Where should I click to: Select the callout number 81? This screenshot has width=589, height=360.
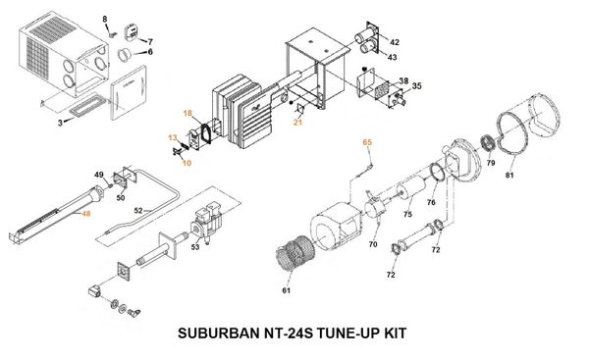point(509,176)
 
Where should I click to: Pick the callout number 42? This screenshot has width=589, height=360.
point(395,43)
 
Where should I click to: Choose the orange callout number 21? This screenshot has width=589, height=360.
point(297,122)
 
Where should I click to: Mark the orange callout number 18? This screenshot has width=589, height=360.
point(187,114)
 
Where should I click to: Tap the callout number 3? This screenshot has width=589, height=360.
point(61,122)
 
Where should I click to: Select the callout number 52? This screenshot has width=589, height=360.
point(138,211)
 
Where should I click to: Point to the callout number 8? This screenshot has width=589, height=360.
point(106,19)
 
